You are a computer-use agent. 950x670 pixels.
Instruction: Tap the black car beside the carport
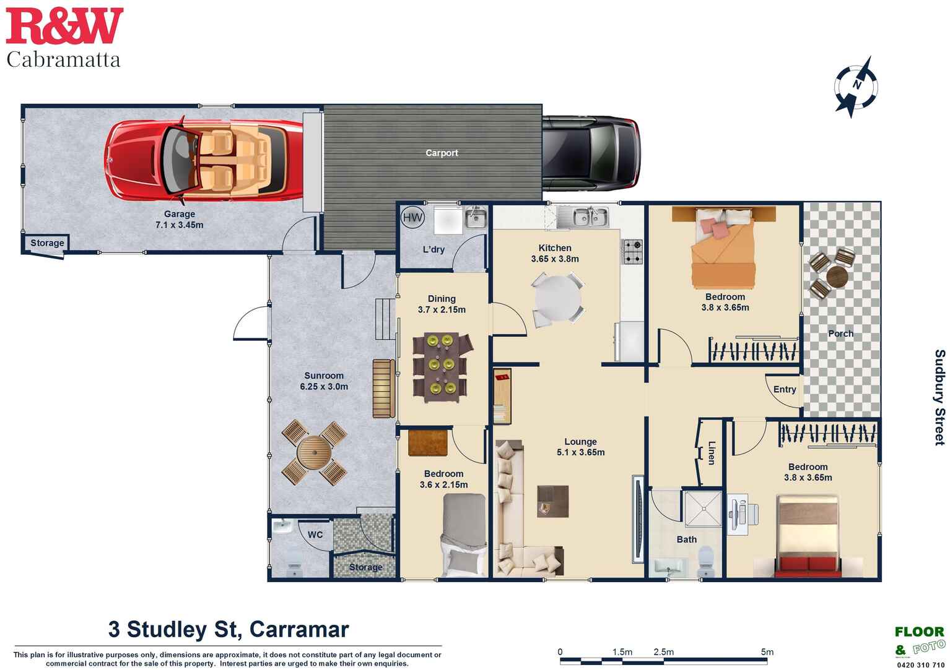pyautogui.click(x=590, y=153)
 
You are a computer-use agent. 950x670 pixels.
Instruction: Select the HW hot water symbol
pyautogui.click(x=412, y=217)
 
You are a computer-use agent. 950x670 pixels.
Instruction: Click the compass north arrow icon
pyautogui.click(x=856, y=86)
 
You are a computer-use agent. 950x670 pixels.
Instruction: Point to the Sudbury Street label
pyautogui.click(x=939, y=397)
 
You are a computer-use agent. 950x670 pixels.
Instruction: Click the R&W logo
pyautogui.click(x=64, y=26)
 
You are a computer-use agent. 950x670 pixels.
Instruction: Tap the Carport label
pyautogui.click(x=442, y=153)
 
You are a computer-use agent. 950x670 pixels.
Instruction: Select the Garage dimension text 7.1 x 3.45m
pyautogui.click(x=179, y=225)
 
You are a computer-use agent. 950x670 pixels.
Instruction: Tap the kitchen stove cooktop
pyautogui.click(x=632, y=251)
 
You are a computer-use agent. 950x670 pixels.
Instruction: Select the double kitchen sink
pyautogui.click(x=582, y=217)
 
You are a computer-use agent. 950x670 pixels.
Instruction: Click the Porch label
pyautogui.click(x=840, y=333)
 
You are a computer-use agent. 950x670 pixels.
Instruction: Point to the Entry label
pyautogui.click(x=784, y=389)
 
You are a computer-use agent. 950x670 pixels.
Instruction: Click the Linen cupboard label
pyautogui.click(x=712, y=452)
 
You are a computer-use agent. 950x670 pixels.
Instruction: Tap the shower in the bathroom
pyautogui.click(x=703, y=509)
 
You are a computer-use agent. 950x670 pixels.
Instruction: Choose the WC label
pyautogui.click(x=315, y=535)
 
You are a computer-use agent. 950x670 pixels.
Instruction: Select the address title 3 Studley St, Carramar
pyautogui.click(x=229, y=629)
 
